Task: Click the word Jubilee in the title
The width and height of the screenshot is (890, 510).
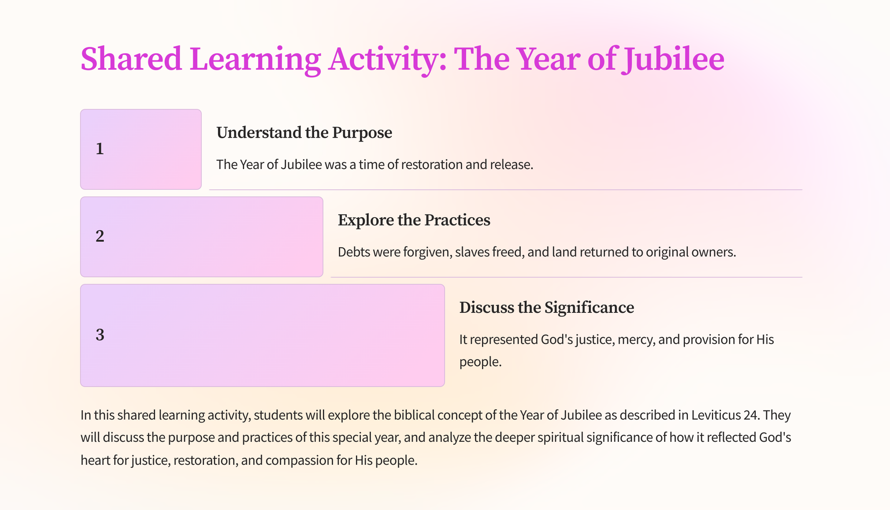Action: [673, 59]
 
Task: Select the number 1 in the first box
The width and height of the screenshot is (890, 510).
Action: [100, 149]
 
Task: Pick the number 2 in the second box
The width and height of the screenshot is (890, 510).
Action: [100, 236]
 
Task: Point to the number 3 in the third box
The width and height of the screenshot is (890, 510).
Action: [100, 335]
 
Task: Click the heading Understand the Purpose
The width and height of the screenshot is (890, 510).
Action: [304, 132]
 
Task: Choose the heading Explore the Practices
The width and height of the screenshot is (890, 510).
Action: [414, 220]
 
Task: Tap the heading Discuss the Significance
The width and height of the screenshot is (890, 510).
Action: [547, 308]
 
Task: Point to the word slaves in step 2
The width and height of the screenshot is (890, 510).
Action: [472, 252]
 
